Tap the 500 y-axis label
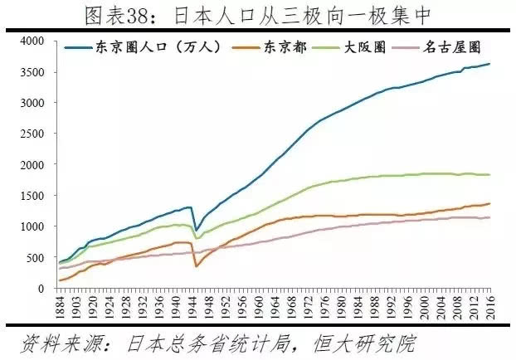click(x=36, y=258)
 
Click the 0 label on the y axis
click(x=41, y=289)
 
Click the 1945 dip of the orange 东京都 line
click(x=197, y=265)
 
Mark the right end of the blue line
click(x=489, y=64)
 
